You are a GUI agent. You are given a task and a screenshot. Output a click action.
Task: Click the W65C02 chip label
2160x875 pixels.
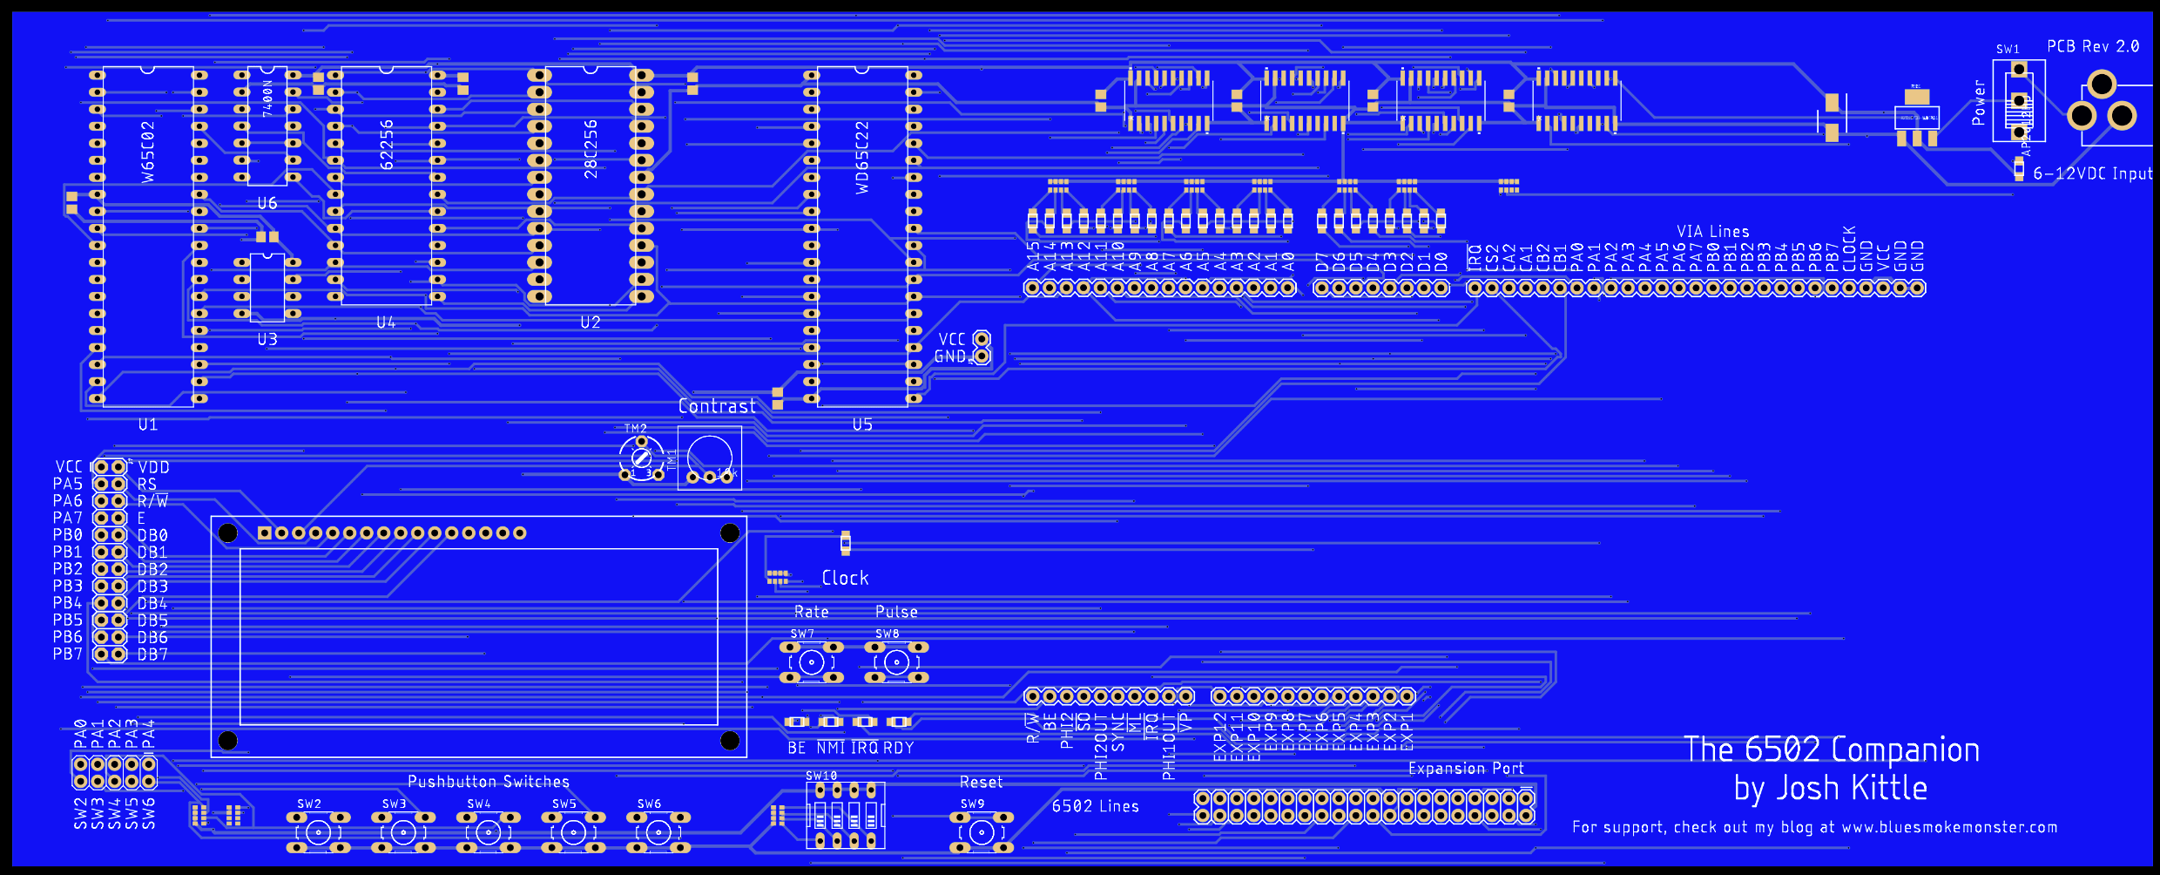[148, 152]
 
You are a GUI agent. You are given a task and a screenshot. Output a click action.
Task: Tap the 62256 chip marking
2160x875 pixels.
[387, 145]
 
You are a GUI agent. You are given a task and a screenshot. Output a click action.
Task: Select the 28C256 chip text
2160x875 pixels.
[591, 149]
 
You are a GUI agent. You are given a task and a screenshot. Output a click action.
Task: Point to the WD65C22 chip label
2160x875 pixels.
[862, 157]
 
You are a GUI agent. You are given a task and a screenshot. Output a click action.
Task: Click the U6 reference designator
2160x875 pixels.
[267, 203]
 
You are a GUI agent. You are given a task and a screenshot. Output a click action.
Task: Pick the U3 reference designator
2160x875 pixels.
[267, 339]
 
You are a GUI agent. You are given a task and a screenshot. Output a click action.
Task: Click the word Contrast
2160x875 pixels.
[717, 406]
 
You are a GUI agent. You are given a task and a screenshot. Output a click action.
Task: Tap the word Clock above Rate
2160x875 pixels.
[845, 578]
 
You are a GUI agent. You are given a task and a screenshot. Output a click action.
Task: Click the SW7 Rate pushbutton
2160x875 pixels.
[811, 662]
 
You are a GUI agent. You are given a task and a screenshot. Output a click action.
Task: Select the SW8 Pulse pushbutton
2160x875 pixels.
[896, 662]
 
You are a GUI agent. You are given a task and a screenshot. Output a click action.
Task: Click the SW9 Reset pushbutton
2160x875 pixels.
[982, 832]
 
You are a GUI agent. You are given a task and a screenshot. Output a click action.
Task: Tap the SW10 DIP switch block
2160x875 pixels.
[846, 816]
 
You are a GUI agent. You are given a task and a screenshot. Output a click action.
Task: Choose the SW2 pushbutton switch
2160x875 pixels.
[318, 832]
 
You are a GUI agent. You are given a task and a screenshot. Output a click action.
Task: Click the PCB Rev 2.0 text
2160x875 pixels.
[2092, 46]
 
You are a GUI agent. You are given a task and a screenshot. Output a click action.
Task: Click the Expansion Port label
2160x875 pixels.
[1466, 768]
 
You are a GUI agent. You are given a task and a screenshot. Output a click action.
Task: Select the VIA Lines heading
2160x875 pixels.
[1712, 231]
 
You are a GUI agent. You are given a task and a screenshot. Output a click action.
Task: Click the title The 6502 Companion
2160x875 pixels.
[1831, 750]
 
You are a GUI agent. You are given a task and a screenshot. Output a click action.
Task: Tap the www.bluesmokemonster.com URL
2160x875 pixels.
[1949, 827]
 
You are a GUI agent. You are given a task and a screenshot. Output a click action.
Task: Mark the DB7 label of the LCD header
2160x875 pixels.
[152, 654]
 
